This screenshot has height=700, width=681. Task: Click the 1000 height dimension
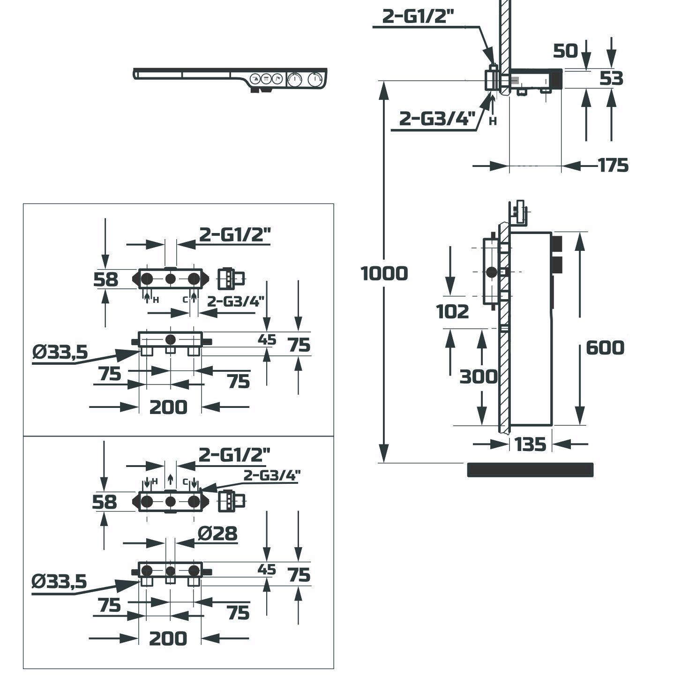pyautogui.click(x=384, y=273)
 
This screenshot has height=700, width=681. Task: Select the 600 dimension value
pyautogui.click(x=605, y=348)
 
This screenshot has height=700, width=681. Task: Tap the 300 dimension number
pyautogui.click(x=478, y=376)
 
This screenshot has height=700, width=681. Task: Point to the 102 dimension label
pyautogui.click(x=452, y=311)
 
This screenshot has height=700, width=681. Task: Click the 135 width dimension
pyautogui.click(x=530, y=444)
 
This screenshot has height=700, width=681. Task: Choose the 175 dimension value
pyautogui.click(x=613, y=166)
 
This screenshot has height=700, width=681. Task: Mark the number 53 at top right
pyautogui.click(x=612, y=79)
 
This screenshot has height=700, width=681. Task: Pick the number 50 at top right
pyautogui.click(x=565, y=51)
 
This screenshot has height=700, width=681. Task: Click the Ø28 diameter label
pyautogui.click(x=217, y=533)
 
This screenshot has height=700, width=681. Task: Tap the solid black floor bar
pyautogui.click(x=530, y=470)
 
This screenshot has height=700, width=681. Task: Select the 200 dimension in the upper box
pyautogui.click(x=168, y=407)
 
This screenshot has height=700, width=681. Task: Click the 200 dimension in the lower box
pyautogui.click(x=168, y=638)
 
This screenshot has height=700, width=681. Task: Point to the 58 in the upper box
pyautogui.click(x=105, y=280)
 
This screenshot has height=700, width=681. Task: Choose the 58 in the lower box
pyautogui.click(x=104, y=502)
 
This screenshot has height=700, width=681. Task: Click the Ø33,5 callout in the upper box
pyautogui.click(x=60, y=352)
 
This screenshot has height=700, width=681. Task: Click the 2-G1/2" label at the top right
pyautogui.click(x=418, y=16)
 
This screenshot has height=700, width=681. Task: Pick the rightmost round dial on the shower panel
pyautogui.click(x=315, y=80)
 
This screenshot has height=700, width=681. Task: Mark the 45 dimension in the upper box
pyautogui.click(x=267, y=340)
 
